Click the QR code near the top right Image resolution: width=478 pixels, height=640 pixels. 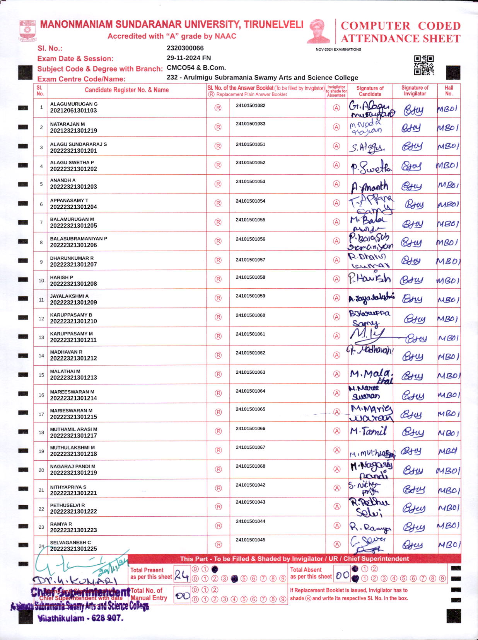423,65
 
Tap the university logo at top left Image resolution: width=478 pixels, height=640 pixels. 27,31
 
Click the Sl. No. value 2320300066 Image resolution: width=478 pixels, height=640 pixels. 185,48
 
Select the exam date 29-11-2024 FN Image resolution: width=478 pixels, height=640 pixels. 189,58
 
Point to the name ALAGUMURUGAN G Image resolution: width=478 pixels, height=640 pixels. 73,104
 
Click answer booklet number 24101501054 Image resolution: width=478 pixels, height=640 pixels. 250,201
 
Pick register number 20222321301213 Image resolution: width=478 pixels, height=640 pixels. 73,378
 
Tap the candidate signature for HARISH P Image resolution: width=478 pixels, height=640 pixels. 369,279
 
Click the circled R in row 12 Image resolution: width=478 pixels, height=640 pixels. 218,317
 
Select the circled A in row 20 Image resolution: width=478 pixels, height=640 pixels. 337,469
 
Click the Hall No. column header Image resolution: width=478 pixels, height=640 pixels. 449,90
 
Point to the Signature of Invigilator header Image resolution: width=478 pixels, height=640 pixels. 415,90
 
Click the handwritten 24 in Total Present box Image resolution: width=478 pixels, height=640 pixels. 181,575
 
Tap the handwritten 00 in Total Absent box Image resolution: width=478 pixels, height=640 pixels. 342,575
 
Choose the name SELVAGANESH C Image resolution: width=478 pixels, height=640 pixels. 70,542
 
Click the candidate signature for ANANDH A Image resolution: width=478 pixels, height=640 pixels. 369,187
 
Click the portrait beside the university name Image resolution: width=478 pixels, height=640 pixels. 319,31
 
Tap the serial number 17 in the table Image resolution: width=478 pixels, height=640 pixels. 41,414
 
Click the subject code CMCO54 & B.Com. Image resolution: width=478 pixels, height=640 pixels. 196,68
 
